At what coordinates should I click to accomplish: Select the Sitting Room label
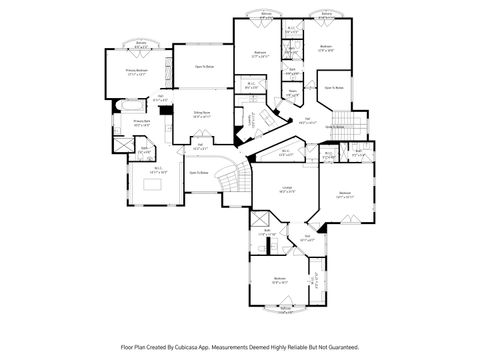coord(201,113)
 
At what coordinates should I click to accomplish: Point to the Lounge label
coord(286,189)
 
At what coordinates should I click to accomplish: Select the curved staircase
coord(232,181)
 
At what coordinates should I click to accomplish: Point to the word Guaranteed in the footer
coord(337,347)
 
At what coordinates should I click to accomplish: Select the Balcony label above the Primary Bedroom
coord(141,44)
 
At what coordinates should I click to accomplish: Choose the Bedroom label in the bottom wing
coord(279,281)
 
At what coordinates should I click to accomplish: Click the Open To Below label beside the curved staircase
coord(199,172)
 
